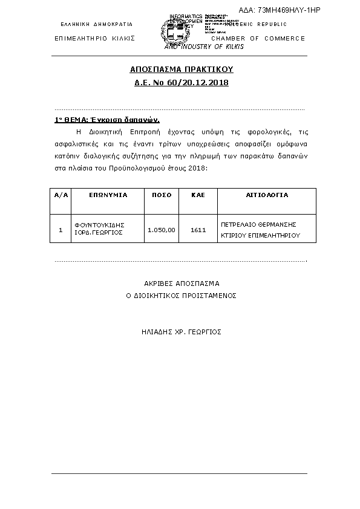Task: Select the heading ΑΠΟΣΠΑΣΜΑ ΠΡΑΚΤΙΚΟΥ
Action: (x=182, y=70)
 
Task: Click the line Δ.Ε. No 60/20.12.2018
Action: (x=182, y=82)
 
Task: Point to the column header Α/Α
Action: (x=61, y=195)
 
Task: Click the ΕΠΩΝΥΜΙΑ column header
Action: (x=108, y=195)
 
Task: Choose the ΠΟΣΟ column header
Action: (x=162, y=195)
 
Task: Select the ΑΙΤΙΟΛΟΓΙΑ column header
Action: (x=266, y=195)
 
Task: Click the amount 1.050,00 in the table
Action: (x=162, y=230)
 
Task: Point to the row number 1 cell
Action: (x=61, y=230)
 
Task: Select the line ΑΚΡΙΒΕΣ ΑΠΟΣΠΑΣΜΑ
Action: (x=182, y=283)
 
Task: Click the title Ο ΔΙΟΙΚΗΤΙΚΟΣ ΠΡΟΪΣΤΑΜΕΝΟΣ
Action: (x=181, y=296)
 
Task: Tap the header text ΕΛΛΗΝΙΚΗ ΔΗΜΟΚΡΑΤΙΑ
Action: (x=96, y=24)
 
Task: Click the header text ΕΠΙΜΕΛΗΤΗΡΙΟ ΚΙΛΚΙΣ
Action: (x=94, y=38)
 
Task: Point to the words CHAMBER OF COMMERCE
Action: (x=258, y=38)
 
